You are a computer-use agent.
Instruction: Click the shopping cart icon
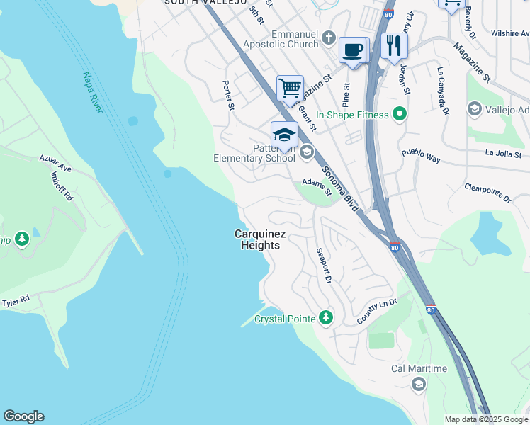pos(290,89)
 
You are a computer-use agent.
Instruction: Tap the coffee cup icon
pos(352,50)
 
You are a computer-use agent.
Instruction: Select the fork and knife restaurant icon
pos(393,45)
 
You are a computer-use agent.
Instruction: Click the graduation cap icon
pos(284,135)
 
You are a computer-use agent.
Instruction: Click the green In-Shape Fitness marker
pos(400,114)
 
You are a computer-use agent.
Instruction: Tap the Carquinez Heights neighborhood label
pos(258,239)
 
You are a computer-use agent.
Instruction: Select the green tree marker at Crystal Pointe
pos(325,317)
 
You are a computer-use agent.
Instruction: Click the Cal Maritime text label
pos(419,368)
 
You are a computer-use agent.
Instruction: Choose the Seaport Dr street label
pos(324,266)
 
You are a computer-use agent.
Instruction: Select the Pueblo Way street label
pos(421,156)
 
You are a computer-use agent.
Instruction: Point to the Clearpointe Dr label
pos(487,193)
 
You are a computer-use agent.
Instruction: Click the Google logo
pos(23,416)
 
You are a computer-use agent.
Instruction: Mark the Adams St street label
pos(317,186)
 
